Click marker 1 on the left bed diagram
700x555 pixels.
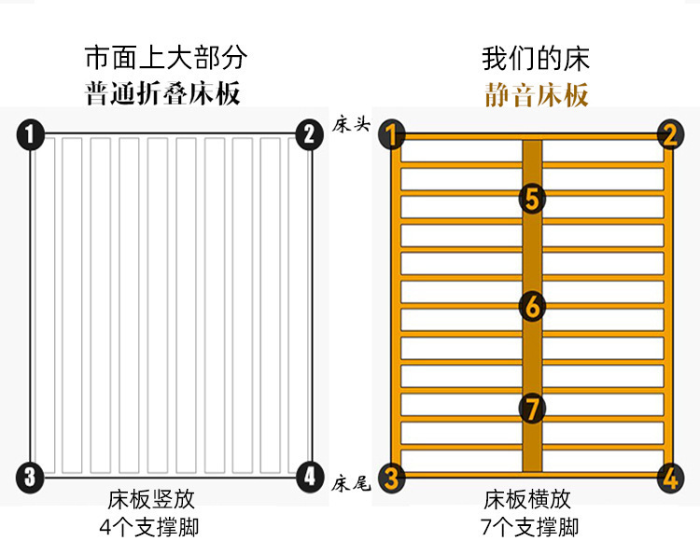coord(31,134)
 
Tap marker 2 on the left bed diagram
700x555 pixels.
coord(308,134)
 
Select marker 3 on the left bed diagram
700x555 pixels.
coord(31,478)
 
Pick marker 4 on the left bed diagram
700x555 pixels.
coord(310,478)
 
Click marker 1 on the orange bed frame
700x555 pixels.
coord(393,134)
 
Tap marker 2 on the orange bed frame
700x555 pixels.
coord(669,134)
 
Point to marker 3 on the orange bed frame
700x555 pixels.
coord(393,478)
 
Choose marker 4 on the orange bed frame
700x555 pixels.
coord(669,478)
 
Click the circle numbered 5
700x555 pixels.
coord(532,198)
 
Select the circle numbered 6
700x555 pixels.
coord(532,305)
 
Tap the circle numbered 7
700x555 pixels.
coord(532,408)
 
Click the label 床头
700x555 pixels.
coord(352,125)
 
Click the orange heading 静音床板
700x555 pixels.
coord(537,95)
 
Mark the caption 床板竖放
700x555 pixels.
coord(151,499)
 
